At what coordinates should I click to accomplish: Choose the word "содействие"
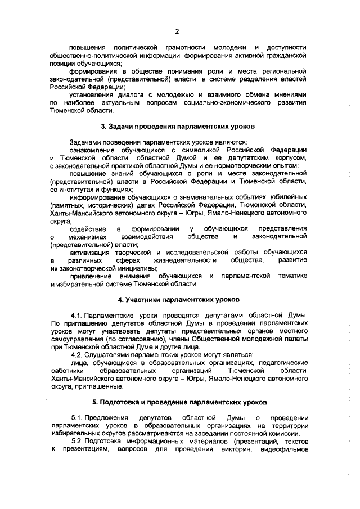tap(87, 229)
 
